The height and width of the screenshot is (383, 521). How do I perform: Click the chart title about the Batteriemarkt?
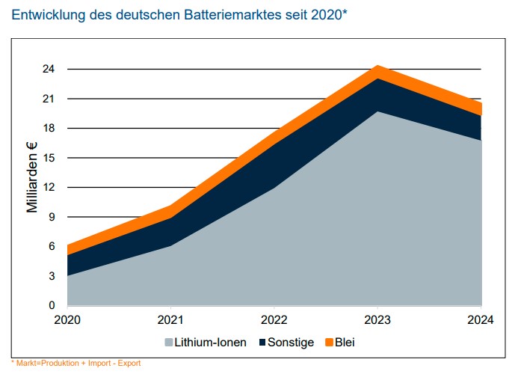179,14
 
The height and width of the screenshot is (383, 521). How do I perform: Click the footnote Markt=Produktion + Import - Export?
75,364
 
